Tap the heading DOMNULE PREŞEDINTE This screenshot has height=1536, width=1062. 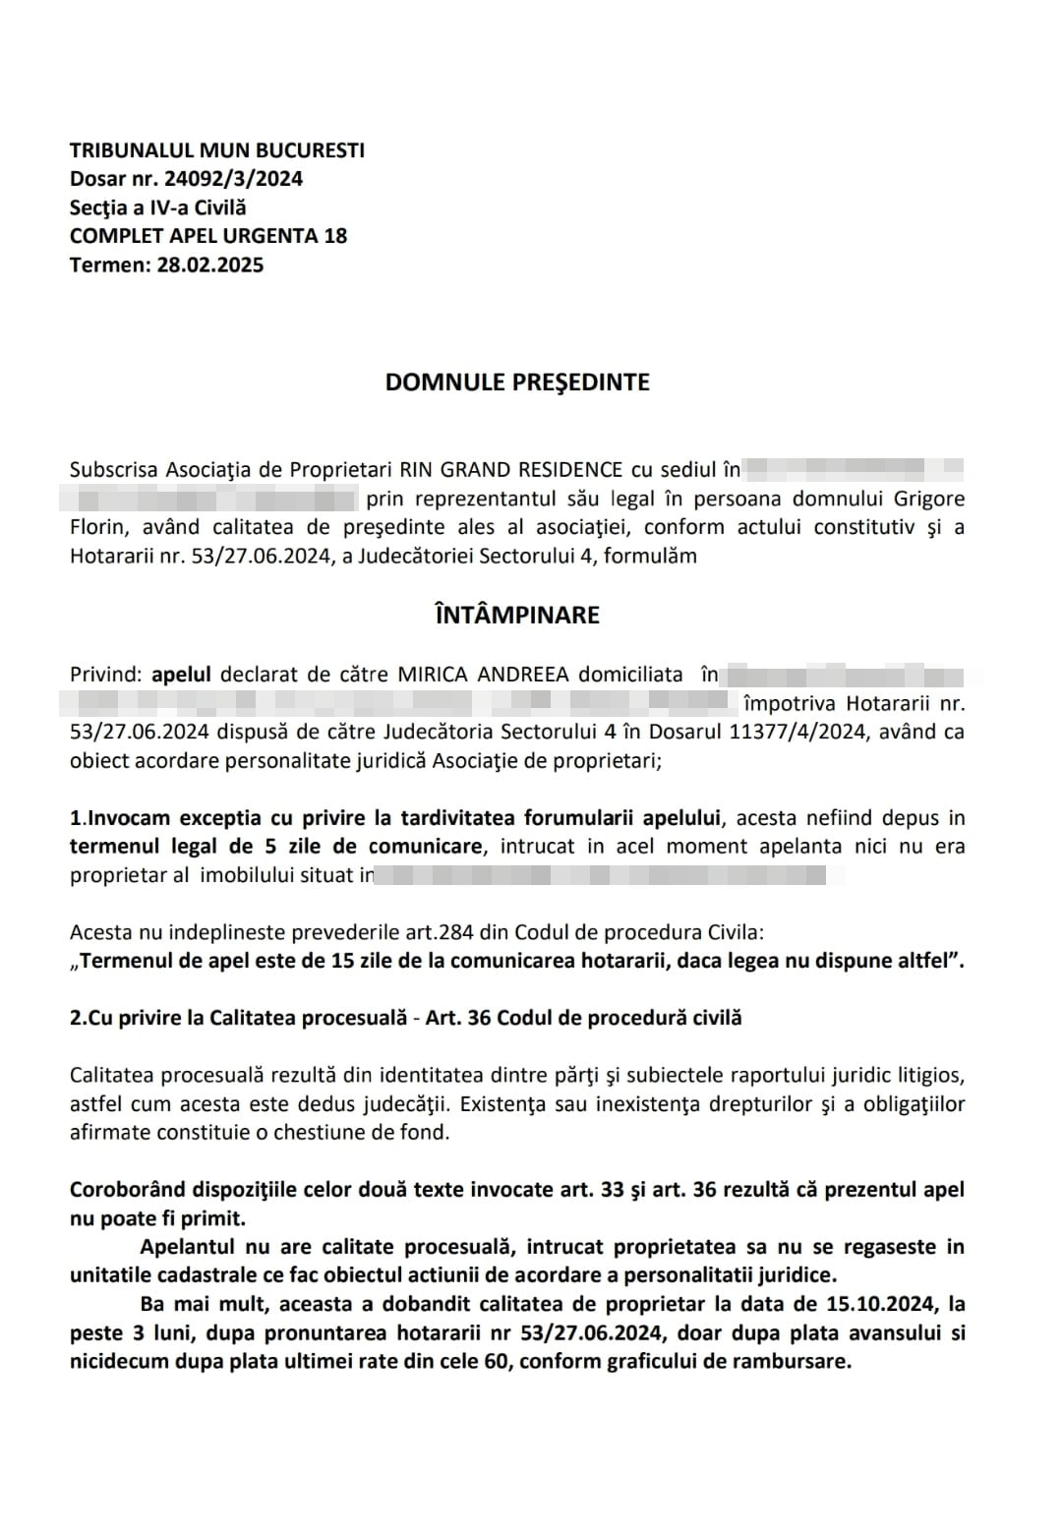coord(517,383)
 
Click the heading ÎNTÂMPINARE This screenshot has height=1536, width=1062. coord(517,616)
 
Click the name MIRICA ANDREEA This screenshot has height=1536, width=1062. coord(482,675)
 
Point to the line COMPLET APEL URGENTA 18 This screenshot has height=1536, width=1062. coord(208,236)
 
